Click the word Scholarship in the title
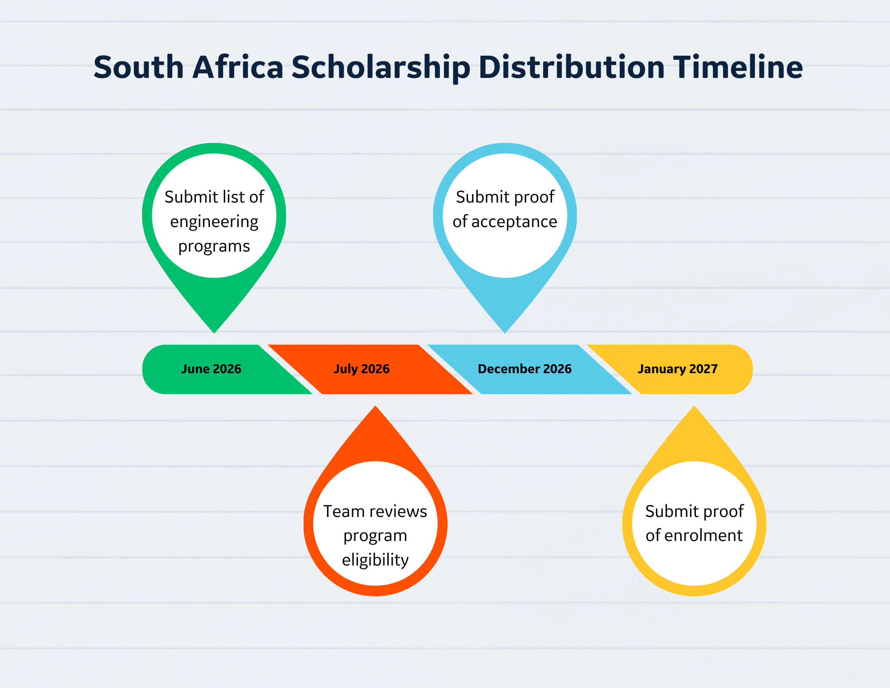(x=381, y=68)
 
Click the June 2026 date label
(x=211, y=369)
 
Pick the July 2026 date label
(x=362, y=369)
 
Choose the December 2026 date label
(x=524, y=369)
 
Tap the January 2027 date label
(x=678, y=369)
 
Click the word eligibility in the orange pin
(x=375, y=560)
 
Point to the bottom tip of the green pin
(x=214, y=332)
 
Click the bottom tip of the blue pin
(x=505, y=332)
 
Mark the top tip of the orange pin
(x=375, y=407)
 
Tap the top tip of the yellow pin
(x=694, y=407)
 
